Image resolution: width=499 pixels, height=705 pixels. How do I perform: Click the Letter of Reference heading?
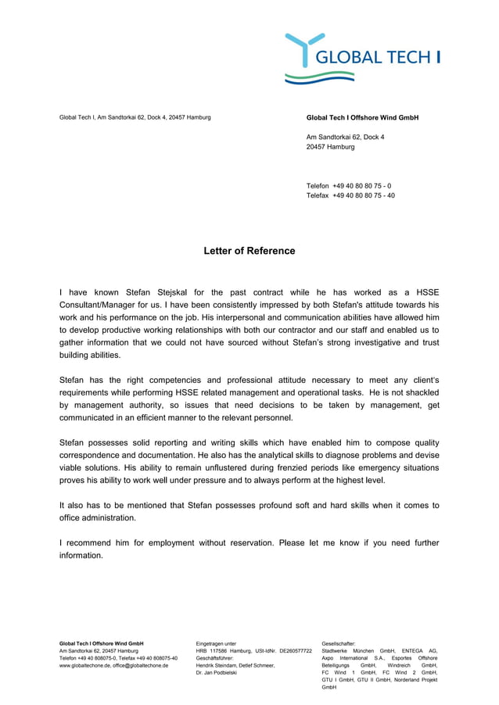click(x=249, y=251)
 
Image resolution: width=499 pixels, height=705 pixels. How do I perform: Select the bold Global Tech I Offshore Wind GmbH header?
click(x=362, y=118)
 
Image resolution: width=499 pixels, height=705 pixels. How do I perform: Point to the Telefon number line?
click(x=349, y=186)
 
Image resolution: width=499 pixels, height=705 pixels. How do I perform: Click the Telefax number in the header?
click(x=363, y=195)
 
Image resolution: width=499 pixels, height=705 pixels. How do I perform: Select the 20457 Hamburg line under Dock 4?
click(x=330, y=147)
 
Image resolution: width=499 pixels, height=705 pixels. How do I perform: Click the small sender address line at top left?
click(x=135, y=118)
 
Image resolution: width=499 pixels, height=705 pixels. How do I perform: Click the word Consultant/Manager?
click(x=100, y=305)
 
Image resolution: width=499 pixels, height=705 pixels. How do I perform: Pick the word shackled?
click(x=415, y=392)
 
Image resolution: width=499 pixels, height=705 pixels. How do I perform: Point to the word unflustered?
click(x=254, y=467)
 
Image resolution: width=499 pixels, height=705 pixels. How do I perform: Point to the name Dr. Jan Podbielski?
click(x=216, y=673)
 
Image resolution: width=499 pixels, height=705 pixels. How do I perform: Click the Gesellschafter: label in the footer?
click(x=338, y=643)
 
